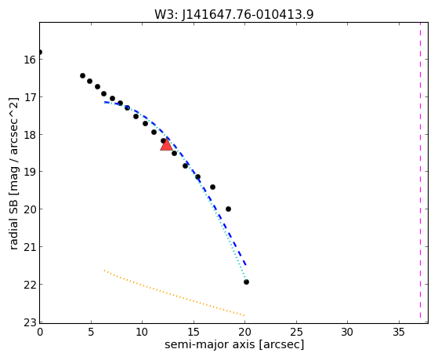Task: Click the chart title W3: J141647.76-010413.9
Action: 234,14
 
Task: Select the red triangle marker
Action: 166,145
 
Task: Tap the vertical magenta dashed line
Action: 420,171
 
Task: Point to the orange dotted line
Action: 174,293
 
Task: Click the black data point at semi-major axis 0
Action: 40,53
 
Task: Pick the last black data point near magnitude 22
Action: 246,282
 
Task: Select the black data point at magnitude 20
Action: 228,209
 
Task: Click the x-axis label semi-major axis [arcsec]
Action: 234,344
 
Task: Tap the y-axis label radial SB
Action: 13,173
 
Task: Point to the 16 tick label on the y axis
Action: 29,60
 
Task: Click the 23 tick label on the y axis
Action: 29,322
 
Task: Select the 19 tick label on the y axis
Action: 29,172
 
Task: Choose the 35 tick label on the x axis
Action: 399,332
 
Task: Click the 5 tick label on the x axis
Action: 91,332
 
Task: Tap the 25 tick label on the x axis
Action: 296,332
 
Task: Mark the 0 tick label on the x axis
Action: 40,332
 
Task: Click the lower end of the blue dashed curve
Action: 245,264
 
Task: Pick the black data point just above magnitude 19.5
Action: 212,187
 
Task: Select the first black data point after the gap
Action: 82,75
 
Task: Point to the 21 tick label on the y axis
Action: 29,247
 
